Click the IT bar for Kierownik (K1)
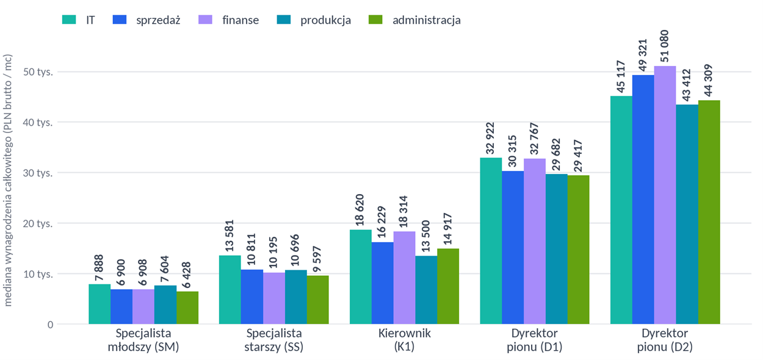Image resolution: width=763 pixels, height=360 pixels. [x=360, y=277]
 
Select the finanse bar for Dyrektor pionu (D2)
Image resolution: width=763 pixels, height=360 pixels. [x=665, y=195]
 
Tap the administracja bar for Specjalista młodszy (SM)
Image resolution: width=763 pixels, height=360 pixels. [x=187, y=308]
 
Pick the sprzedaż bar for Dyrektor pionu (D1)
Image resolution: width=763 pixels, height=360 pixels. [x=513, y=248]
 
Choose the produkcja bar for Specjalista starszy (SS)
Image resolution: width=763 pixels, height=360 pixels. [x=296, y=297]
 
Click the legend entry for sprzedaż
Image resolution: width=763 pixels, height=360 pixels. [x=146, y=20]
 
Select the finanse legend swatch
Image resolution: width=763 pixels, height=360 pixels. [x=205, y=20]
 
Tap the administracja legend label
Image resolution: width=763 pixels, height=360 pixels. [x=427, y=20]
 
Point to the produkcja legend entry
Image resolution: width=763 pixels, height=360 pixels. [x=314, y=20]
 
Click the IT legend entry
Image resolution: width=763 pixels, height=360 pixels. [x=78, y=20]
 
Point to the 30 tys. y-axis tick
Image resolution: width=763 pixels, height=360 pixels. [x=38, y=173]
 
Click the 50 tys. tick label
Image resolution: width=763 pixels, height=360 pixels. [x=38, y=72]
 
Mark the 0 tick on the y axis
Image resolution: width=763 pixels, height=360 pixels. [x=50, y=325]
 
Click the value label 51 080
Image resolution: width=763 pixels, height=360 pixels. [x=664, y=46]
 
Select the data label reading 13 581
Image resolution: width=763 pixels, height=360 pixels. [x=230, y=236]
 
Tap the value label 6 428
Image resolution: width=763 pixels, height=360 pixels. [x=186, y=275]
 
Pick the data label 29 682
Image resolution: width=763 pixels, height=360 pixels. [x=556, y=154]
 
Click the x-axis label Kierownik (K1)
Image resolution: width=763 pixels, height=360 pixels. [x=404, y=340]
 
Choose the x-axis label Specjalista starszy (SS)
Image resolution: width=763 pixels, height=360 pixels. [x=274, y=340]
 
